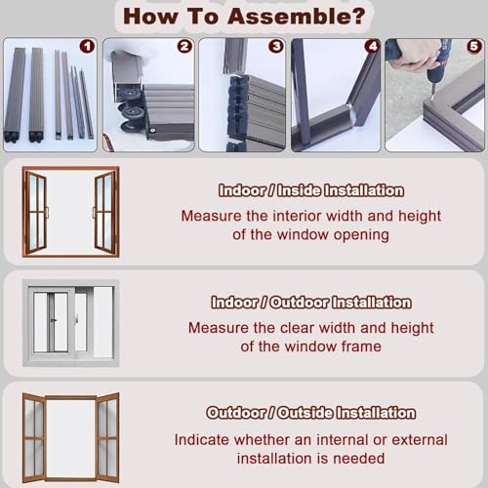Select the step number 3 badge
click(x=276, y=46)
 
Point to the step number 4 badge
click(x=371, y=46)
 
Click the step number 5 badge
click(x=473, y=46)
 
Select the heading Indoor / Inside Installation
click(x=310, y=191)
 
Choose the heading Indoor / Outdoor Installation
click(x=310, y=303)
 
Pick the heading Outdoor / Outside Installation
click(x=310, y=413)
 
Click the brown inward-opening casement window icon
click(x=70, y=211)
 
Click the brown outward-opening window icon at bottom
click(x=70, y=435)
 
